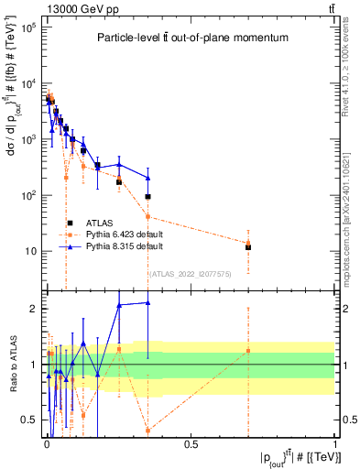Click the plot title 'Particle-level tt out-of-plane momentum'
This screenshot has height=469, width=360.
pos(188,38)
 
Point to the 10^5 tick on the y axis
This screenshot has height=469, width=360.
pos(29,28)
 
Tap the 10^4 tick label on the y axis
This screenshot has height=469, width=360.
pos(29,84)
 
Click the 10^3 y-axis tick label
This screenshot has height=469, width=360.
pos(29,140)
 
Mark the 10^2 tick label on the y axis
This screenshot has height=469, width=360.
pos(29,196)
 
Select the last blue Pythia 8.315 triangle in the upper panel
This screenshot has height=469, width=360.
pos(147,178)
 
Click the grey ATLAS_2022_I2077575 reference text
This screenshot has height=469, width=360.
pos(191,273)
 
